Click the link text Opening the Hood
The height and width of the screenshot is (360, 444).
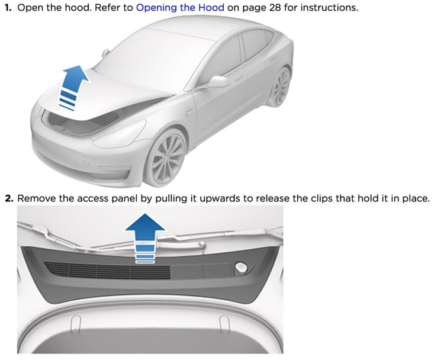tap(180, 7)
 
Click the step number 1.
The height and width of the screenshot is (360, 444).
tap(8, 7)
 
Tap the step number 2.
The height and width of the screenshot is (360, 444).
tap(9, 198)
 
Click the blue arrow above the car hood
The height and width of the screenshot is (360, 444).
tap(72, 88)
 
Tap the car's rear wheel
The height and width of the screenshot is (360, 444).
tap(279, 86)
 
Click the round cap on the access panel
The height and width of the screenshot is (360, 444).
tap(241, 267)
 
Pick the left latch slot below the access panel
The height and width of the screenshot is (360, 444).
tap(76, 324)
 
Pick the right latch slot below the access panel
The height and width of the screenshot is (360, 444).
tap(224, 323)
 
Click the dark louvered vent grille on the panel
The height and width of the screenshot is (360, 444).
tap(107, 270)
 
